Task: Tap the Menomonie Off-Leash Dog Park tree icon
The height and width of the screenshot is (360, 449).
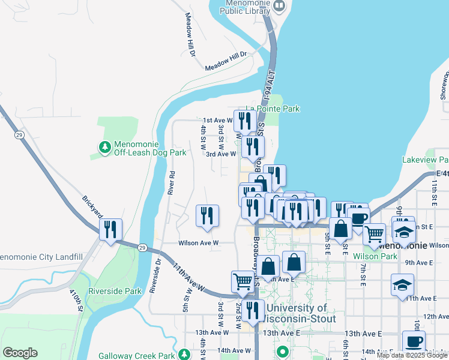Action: pyautogui.click(x=105, y=146)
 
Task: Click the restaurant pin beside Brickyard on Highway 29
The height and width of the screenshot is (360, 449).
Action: pyautogui.click(x=111, y=229)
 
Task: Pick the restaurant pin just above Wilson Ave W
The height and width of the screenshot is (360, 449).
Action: pyautogui.click(x=207, y=216)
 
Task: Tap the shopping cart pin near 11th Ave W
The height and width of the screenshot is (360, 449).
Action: pyautogui.click(x=243, y=281)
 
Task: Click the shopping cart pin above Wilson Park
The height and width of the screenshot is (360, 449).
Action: pyautogui.click(x=374, y=233)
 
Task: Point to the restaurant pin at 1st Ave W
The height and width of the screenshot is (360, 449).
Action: pyautogui.click(x=244, y=120)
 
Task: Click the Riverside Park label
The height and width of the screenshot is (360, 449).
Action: pyautogui.click(x=115, y=292)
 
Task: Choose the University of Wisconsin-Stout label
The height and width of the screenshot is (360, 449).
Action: pyautogui.click(x=297, y=313)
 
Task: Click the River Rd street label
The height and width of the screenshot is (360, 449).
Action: pyautogui.click(x=172, y=183)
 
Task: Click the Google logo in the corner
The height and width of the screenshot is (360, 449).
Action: pyautogui.click(x=20, y=353)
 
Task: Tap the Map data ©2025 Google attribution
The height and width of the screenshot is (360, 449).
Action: pyautogui.click(x=412, y=355)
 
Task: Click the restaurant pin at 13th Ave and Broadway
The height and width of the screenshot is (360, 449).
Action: pyautogui.click(x=253, y=310)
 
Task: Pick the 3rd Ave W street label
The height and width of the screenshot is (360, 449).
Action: pyautogui.click(x=221, y=154)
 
